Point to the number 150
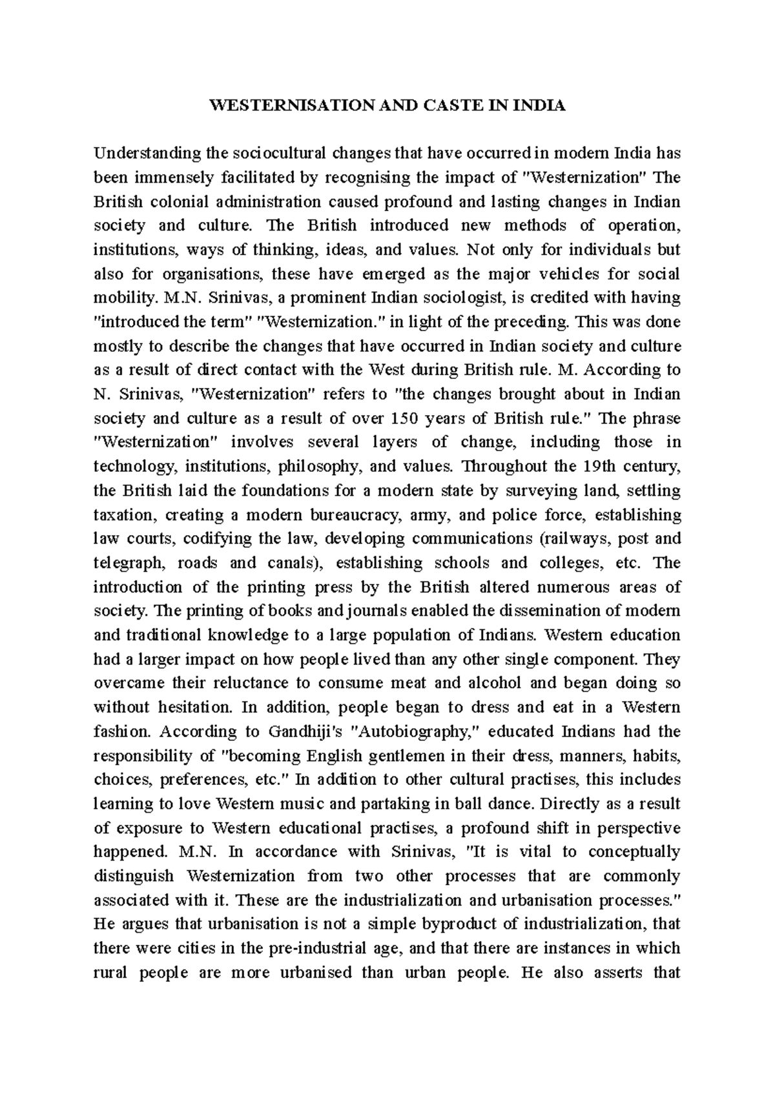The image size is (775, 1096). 406,418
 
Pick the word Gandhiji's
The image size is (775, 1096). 304,732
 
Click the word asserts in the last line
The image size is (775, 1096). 615,973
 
